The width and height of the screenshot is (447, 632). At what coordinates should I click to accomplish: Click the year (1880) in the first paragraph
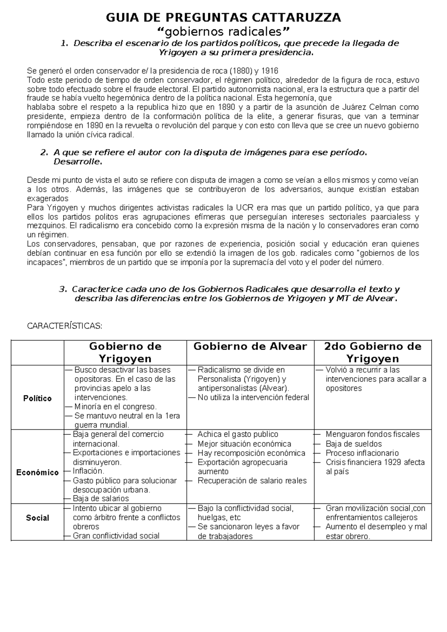tap(240, 71)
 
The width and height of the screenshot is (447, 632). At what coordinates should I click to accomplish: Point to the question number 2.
tap(44, 152)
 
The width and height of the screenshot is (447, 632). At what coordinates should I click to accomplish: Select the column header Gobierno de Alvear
tap(250, 347)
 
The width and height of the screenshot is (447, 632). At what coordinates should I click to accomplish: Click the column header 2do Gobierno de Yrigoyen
tap(372, 353)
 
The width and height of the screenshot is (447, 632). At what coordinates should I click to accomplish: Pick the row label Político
tap(37, 398)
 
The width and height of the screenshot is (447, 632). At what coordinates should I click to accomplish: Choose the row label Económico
tap(37, 473)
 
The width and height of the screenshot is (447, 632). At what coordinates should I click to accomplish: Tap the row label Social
tap(37, 518)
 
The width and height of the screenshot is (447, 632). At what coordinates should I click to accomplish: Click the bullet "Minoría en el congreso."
tap(115, 407)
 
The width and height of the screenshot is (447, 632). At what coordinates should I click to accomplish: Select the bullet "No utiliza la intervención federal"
tap(253, 398)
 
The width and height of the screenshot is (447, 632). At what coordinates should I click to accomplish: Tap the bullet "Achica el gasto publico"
tap(238, 434)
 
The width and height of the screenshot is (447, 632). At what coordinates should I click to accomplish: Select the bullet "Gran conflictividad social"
tap(116, 536)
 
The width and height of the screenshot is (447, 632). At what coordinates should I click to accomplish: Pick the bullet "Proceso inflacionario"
tap(362, 453)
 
